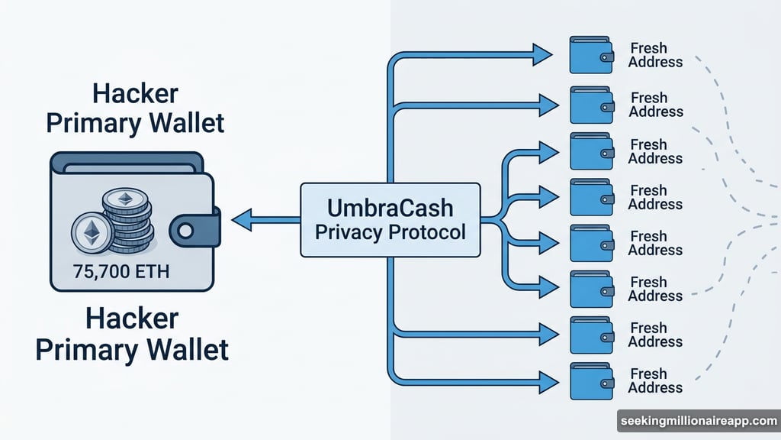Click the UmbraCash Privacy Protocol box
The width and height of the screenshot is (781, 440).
tap(390, 220)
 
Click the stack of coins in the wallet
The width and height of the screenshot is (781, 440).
tap(126, 222)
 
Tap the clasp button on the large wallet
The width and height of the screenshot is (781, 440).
tap(189, 231)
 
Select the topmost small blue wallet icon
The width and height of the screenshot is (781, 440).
tap(591, 54)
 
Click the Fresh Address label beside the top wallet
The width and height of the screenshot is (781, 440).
tap(654, 55)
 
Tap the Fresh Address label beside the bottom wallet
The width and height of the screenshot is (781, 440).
tap(654, 380)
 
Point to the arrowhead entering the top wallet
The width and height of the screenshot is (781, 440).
tap(543, 54)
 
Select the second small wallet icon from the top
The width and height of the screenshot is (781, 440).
tap(591, 105)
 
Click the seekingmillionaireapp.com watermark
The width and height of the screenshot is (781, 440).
tap(697, 421)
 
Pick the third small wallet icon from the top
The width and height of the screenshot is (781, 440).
tap(591, 151)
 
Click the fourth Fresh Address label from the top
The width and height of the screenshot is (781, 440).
tap(654, 197)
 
